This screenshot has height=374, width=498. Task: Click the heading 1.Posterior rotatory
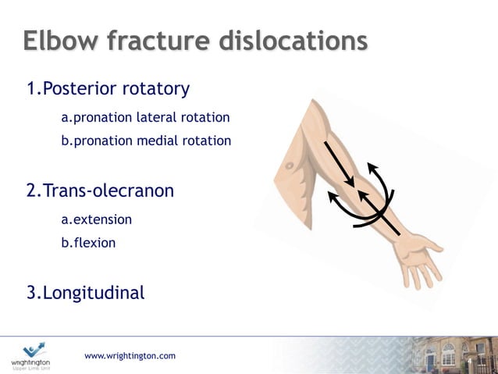click(108, 89)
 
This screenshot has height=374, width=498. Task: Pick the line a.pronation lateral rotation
click(145, 118)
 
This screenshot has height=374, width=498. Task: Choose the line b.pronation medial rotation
click(146, 141)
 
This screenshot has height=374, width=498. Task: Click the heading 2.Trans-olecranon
click(100, 191)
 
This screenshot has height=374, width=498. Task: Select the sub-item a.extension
click(96, 220)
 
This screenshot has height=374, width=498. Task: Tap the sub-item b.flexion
click(88, 243)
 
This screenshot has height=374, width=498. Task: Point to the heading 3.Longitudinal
click(86, 294)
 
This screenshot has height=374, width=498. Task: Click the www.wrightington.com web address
click(130, 356)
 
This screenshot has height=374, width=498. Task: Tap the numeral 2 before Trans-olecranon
click(31, 191)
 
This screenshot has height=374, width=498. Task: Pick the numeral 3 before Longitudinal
click(31, 294)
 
